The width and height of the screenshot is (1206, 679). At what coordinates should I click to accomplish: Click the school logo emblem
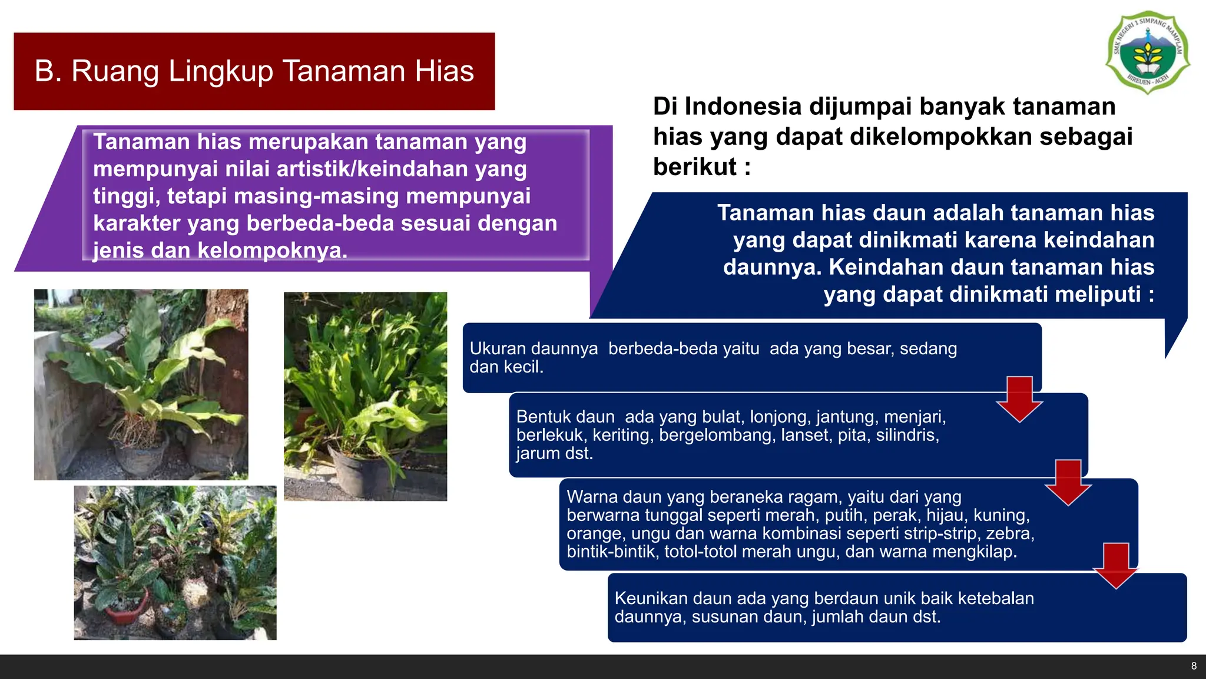pos(1148,52)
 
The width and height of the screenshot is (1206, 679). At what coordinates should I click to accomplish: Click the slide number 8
pos(1194,666)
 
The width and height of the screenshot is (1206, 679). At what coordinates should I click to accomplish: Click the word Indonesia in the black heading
pos(743,107)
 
